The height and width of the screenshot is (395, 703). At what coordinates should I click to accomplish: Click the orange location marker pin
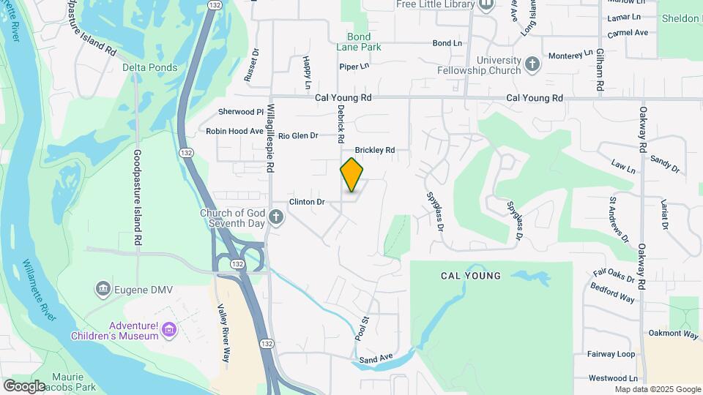coord(351,174)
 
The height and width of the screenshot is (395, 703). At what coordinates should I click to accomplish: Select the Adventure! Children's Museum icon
coord(169,331)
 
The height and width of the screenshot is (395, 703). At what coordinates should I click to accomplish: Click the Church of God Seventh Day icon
coord(275,217)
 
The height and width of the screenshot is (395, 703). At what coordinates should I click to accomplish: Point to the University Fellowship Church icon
coord(532,65)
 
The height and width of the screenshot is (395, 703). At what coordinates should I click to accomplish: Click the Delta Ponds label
coord(149,68)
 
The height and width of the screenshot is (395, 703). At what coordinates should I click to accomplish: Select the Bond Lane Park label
coord(364,42)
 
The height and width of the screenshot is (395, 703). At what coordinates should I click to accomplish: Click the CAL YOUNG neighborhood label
coord(471,276)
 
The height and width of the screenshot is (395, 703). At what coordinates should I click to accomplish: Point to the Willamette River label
coord(41,290)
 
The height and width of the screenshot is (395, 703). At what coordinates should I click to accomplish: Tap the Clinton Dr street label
coord(306,201)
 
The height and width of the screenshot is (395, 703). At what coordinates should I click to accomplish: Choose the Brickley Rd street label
coord(374,150)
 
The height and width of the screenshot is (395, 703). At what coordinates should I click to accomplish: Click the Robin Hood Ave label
coord(234,131)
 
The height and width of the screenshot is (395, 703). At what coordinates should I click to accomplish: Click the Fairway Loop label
coord(611,354)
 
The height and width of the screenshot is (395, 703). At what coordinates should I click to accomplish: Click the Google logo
coord(24,385)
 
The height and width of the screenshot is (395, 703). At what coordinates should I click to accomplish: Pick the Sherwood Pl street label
coord(240,112)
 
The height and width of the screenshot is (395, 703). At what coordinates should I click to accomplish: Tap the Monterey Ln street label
coord(570,55)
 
